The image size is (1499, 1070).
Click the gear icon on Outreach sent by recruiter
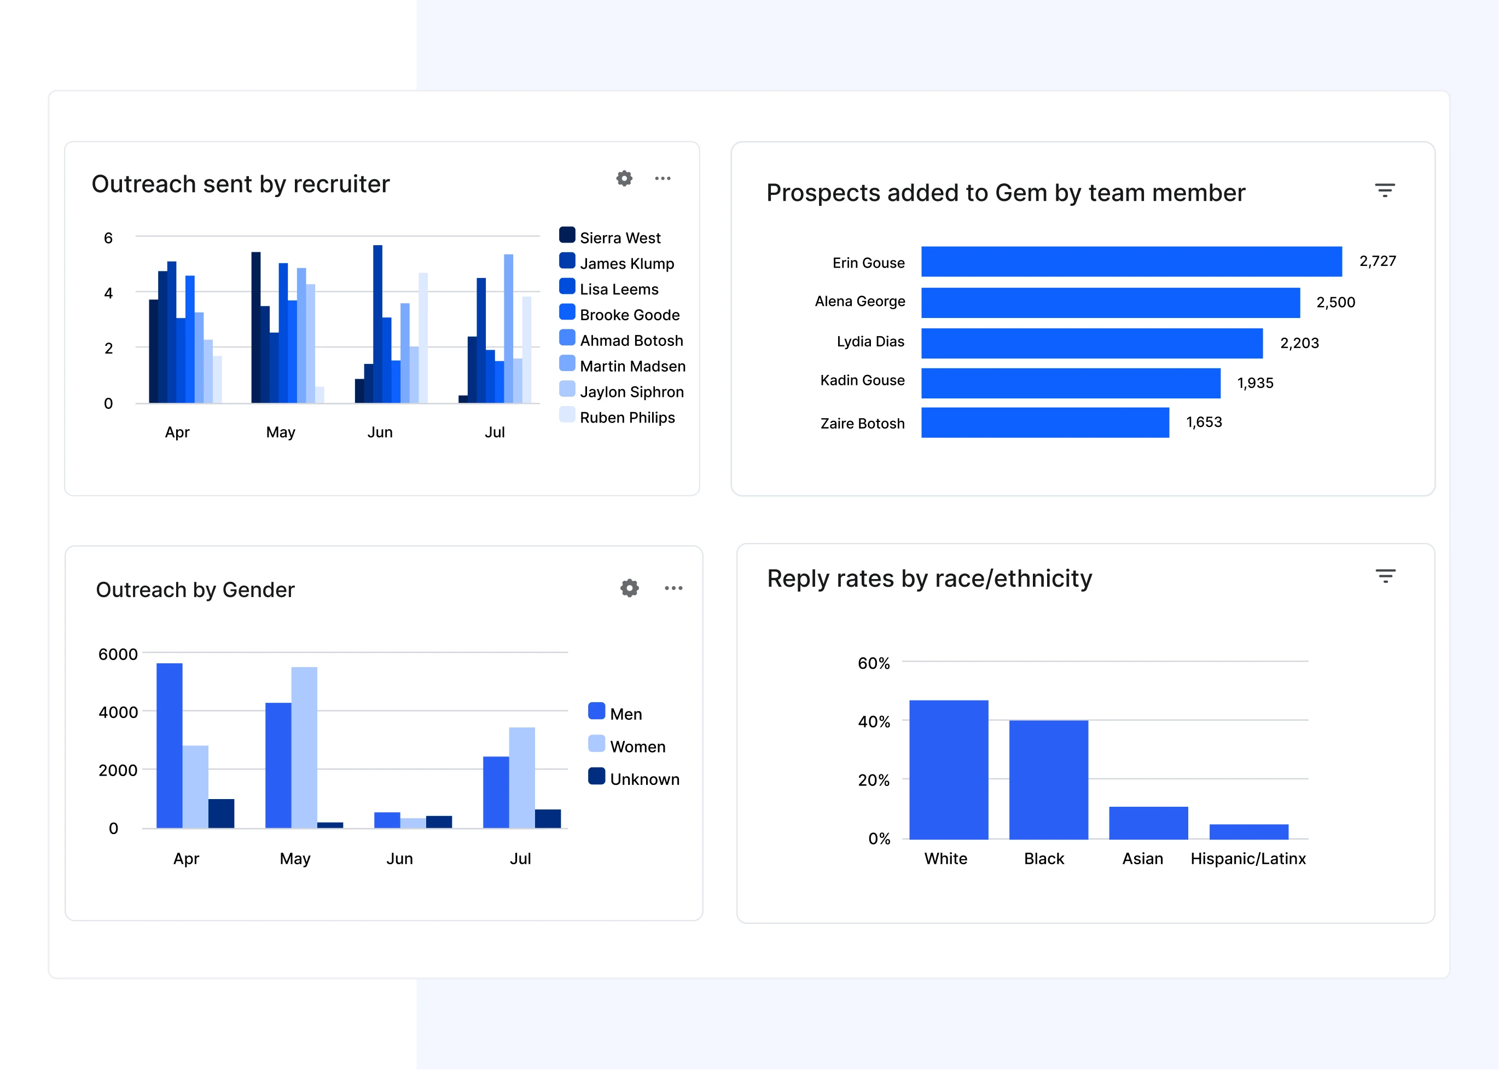[624, 178]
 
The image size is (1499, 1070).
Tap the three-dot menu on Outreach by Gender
[673, 588]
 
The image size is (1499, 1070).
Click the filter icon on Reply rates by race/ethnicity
[1385, 576]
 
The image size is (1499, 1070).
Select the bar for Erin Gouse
[1131, 262]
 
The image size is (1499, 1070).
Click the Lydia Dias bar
[1091, 343]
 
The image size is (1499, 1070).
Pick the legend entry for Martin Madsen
[632, 366]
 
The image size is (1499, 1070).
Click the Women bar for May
[304, 747]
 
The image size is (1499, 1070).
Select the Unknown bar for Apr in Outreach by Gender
[221, 813]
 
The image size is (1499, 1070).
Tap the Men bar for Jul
[496, 792]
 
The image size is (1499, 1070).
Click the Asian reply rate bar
[1148, 823]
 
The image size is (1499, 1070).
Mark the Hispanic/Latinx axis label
[1247, 859]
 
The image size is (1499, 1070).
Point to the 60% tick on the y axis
[873, 663]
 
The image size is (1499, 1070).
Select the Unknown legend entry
[643, 779]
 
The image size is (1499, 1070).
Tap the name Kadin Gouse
[862, 381]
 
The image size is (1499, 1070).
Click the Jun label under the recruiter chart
[380, 432]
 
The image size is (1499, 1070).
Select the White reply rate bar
[949, 770]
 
